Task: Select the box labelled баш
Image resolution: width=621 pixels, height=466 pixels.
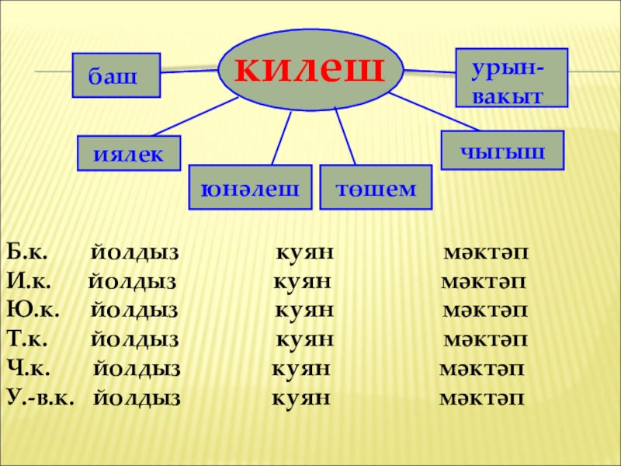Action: pos(116,75)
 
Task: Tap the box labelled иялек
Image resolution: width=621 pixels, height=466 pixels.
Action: pos(128,152)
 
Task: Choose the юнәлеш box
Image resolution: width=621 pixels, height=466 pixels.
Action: pos(251,187)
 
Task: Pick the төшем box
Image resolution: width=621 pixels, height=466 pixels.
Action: pos(376,187)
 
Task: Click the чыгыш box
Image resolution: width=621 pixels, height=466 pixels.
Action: pos(502,151)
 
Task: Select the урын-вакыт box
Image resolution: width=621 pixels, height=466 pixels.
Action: pos(511,78)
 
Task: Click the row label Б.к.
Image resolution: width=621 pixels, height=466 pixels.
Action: pos(28,252)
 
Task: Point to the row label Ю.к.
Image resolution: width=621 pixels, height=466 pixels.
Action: pos(29,311)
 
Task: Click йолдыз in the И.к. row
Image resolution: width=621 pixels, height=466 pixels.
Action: pos(132,282)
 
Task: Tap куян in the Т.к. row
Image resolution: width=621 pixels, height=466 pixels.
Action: pos(305,340)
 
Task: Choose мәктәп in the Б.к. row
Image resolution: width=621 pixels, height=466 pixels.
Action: pos(485,252)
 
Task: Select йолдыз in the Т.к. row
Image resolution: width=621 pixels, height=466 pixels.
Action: pos(134,340)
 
